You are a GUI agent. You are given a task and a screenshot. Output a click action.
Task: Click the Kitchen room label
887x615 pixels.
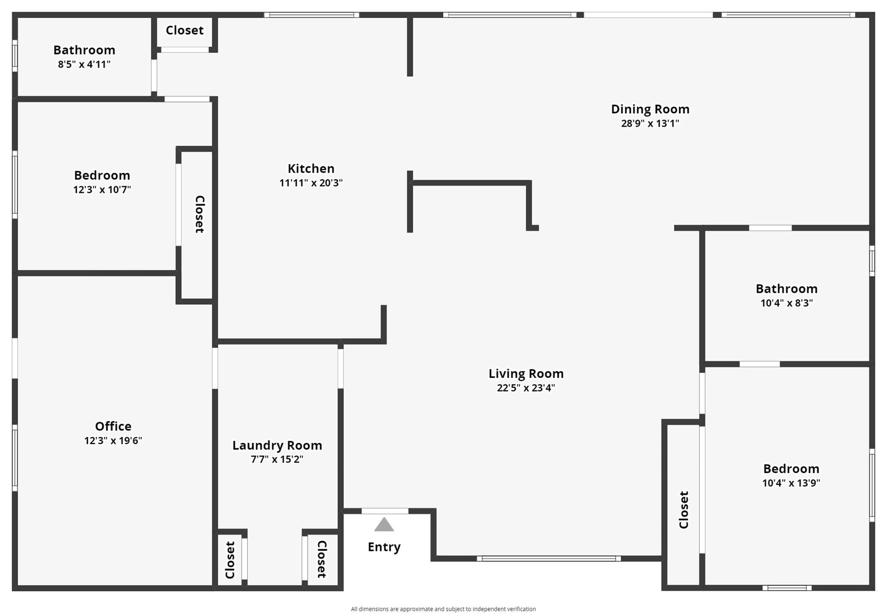311,168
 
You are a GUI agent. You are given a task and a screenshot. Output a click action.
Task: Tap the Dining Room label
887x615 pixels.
650,109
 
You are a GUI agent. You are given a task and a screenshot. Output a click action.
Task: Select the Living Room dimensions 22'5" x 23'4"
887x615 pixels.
526,388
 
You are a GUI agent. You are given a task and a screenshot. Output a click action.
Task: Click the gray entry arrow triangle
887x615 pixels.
384,524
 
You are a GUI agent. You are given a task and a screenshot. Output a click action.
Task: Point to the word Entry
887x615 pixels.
384,547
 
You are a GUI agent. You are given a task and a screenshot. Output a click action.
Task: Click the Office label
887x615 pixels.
113,426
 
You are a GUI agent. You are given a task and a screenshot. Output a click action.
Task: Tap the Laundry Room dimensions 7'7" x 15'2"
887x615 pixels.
277,459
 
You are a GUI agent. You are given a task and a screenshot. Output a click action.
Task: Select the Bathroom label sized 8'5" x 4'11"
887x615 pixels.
84,50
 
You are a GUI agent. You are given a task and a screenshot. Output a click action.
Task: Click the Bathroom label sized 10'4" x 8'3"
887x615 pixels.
786,289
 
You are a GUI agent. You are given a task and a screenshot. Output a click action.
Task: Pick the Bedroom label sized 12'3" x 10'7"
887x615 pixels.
102,175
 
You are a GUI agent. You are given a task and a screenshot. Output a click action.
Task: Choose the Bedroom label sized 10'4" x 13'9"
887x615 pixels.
791,469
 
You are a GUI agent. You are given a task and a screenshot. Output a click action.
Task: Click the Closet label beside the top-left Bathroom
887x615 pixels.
185,30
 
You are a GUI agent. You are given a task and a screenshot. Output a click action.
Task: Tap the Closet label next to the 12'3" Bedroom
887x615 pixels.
200,214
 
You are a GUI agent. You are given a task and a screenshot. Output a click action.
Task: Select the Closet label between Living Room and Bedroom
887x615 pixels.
683,510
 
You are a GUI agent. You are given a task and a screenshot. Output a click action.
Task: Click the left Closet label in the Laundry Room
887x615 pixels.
230,560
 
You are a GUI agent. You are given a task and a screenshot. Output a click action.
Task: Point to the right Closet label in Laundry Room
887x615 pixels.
321,559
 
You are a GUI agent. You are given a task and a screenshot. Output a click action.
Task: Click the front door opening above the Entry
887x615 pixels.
385,511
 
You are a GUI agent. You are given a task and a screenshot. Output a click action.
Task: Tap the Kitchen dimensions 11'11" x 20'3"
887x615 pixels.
311,183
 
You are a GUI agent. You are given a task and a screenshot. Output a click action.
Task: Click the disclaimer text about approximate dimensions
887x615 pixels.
443,609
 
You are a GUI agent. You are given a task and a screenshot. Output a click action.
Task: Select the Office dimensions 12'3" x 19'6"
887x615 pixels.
113,441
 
